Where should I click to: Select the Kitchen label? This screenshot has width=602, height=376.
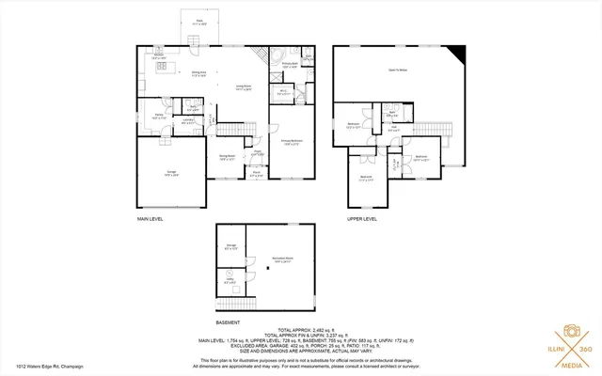coord(160,55)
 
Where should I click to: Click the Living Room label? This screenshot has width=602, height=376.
coord(242,86)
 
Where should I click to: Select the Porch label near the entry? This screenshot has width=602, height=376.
coord(256,173)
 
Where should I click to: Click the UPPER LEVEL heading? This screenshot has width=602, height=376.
coord(362,218)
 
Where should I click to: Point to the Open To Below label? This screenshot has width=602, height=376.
coord(398,70)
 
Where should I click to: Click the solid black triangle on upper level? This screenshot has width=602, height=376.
coord(459,53)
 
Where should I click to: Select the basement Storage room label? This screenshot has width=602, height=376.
coord(230,246)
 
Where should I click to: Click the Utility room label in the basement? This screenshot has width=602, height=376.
coord(230,280)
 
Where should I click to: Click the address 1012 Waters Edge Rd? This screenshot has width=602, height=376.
coord(42,368)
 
